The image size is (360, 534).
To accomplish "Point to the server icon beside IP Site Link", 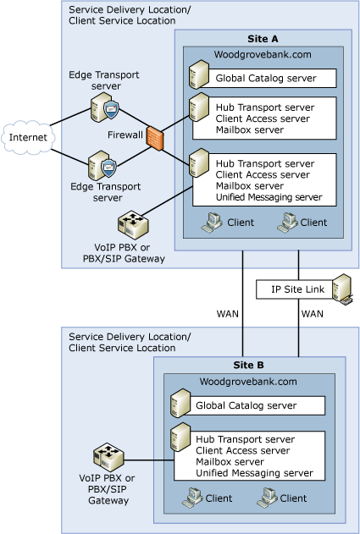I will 342,289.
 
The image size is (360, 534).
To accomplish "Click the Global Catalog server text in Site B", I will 246,405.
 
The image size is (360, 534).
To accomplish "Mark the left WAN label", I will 227,314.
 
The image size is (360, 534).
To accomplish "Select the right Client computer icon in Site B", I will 265,498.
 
